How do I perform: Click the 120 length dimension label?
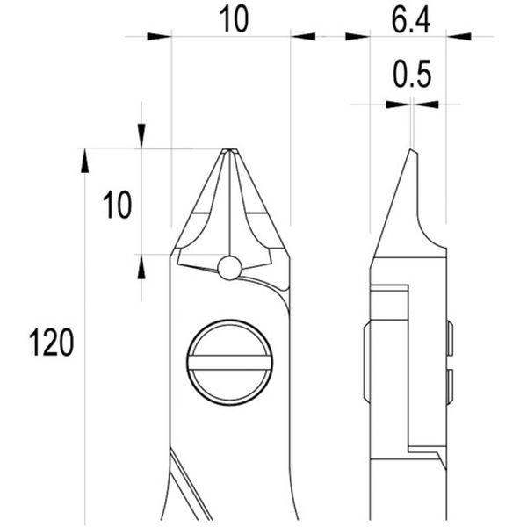[52, 343]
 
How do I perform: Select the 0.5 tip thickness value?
[412, 74]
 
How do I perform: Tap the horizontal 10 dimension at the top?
[235, 19]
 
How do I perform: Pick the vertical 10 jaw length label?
[118, 205]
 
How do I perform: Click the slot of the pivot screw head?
[230, 363]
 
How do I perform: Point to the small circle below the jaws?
[229, 268]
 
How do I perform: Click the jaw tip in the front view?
[230, 149]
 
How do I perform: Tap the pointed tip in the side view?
[411, 149]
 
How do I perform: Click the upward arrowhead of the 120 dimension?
[84, 161]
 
